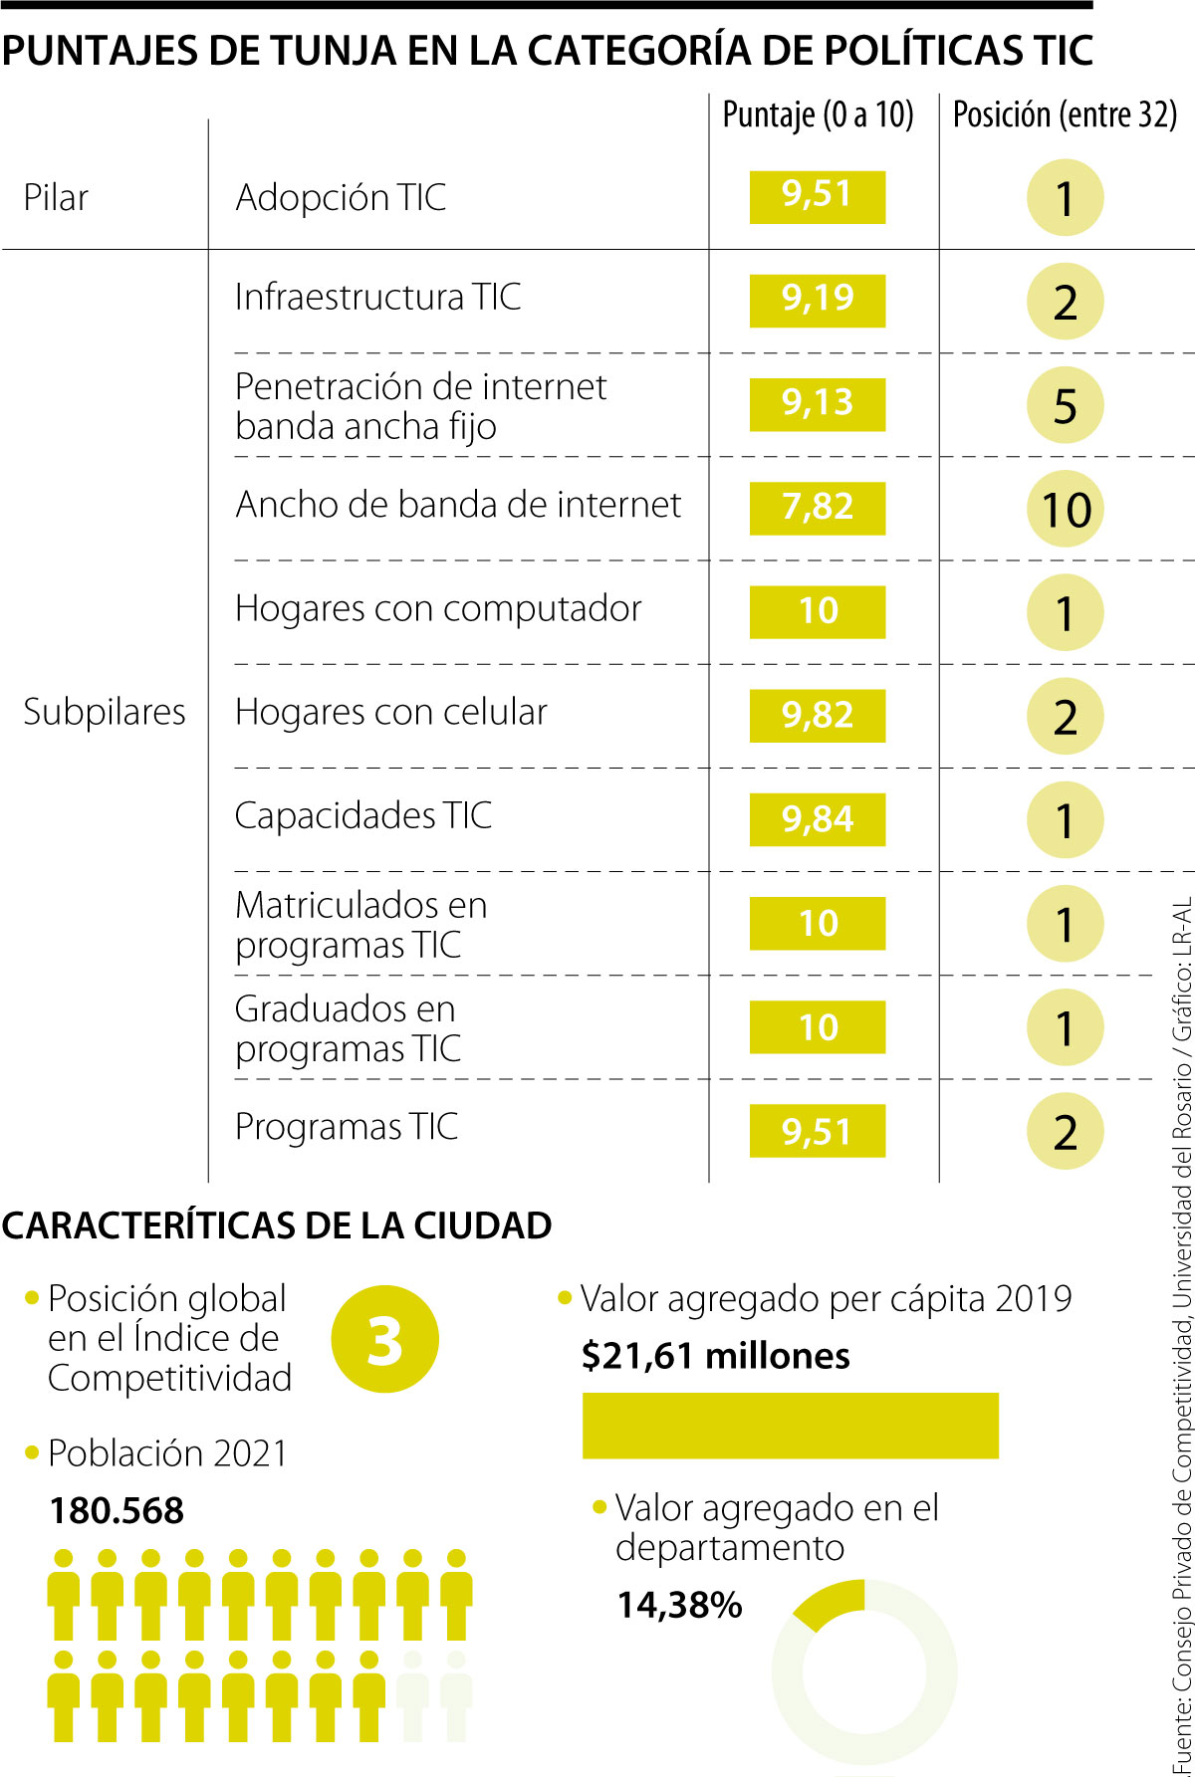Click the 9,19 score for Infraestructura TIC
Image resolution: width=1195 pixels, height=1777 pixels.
[x=817, y=299]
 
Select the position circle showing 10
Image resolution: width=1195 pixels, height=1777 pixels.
[x=1066, y=510]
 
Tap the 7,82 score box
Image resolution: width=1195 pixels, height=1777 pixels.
[x=817, y=507]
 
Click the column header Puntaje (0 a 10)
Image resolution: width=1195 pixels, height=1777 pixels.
[x=818, y=115]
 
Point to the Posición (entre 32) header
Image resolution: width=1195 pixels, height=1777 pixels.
[x=1065, y=115]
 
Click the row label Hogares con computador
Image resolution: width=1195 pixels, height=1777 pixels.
[x=438, y=608]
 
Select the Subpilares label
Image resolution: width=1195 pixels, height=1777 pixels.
[x=105, y=712]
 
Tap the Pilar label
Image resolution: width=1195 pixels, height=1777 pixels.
[x=56, y=197]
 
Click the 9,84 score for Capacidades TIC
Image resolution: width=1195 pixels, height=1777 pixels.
[x=817, y=819]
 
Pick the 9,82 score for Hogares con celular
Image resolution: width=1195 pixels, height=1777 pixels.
[x=817, y=715]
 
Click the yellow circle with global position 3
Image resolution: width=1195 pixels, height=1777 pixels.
[x=384, y=1340]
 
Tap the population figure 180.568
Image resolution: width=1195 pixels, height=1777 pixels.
[x=118, y=1510]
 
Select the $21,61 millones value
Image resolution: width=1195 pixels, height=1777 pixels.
[x=716, y=1356]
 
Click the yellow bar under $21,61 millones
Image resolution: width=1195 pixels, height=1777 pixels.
[x=790, y=1426]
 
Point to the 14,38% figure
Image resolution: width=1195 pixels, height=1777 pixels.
[x=679, y=1605]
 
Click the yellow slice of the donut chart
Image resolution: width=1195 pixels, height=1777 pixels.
[x=832, y=1601]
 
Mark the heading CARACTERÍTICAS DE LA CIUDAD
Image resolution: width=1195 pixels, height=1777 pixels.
[x=277, y=1225]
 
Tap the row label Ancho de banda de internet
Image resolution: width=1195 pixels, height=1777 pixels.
[x=458, y=505]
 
